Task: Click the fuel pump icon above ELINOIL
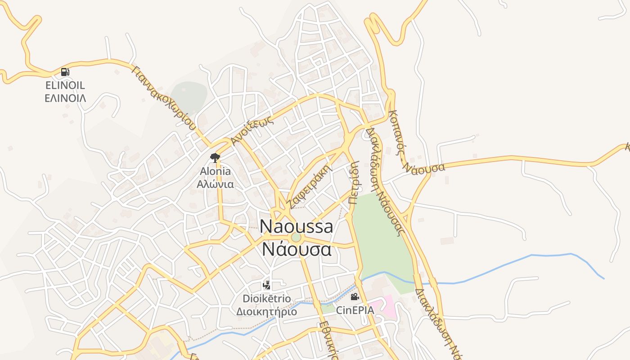(65, 72)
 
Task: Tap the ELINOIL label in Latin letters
(65, 85)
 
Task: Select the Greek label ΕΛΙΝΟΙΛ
(65, 98)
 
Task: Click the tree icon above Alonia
(215, 157)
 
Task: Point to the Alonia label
(215, 171)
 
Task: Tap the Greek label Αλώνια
(215, 184)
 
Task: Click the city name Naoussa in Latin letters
(297, 226)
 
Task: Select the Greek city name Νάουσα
(297, 249)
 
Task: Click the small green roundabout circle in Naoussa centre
(296, 237)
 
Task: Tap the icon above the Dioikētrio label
(267, 285)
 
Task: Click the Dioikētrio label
(267, 299)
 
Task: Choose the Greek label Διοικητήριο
(267, 311)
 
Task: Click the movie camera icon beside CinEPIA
(355, 297)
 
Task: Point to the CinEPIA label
(355, 310)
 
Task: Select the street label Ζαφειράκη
(310, 187)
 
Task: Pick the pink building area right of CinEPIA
(387, 306)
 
